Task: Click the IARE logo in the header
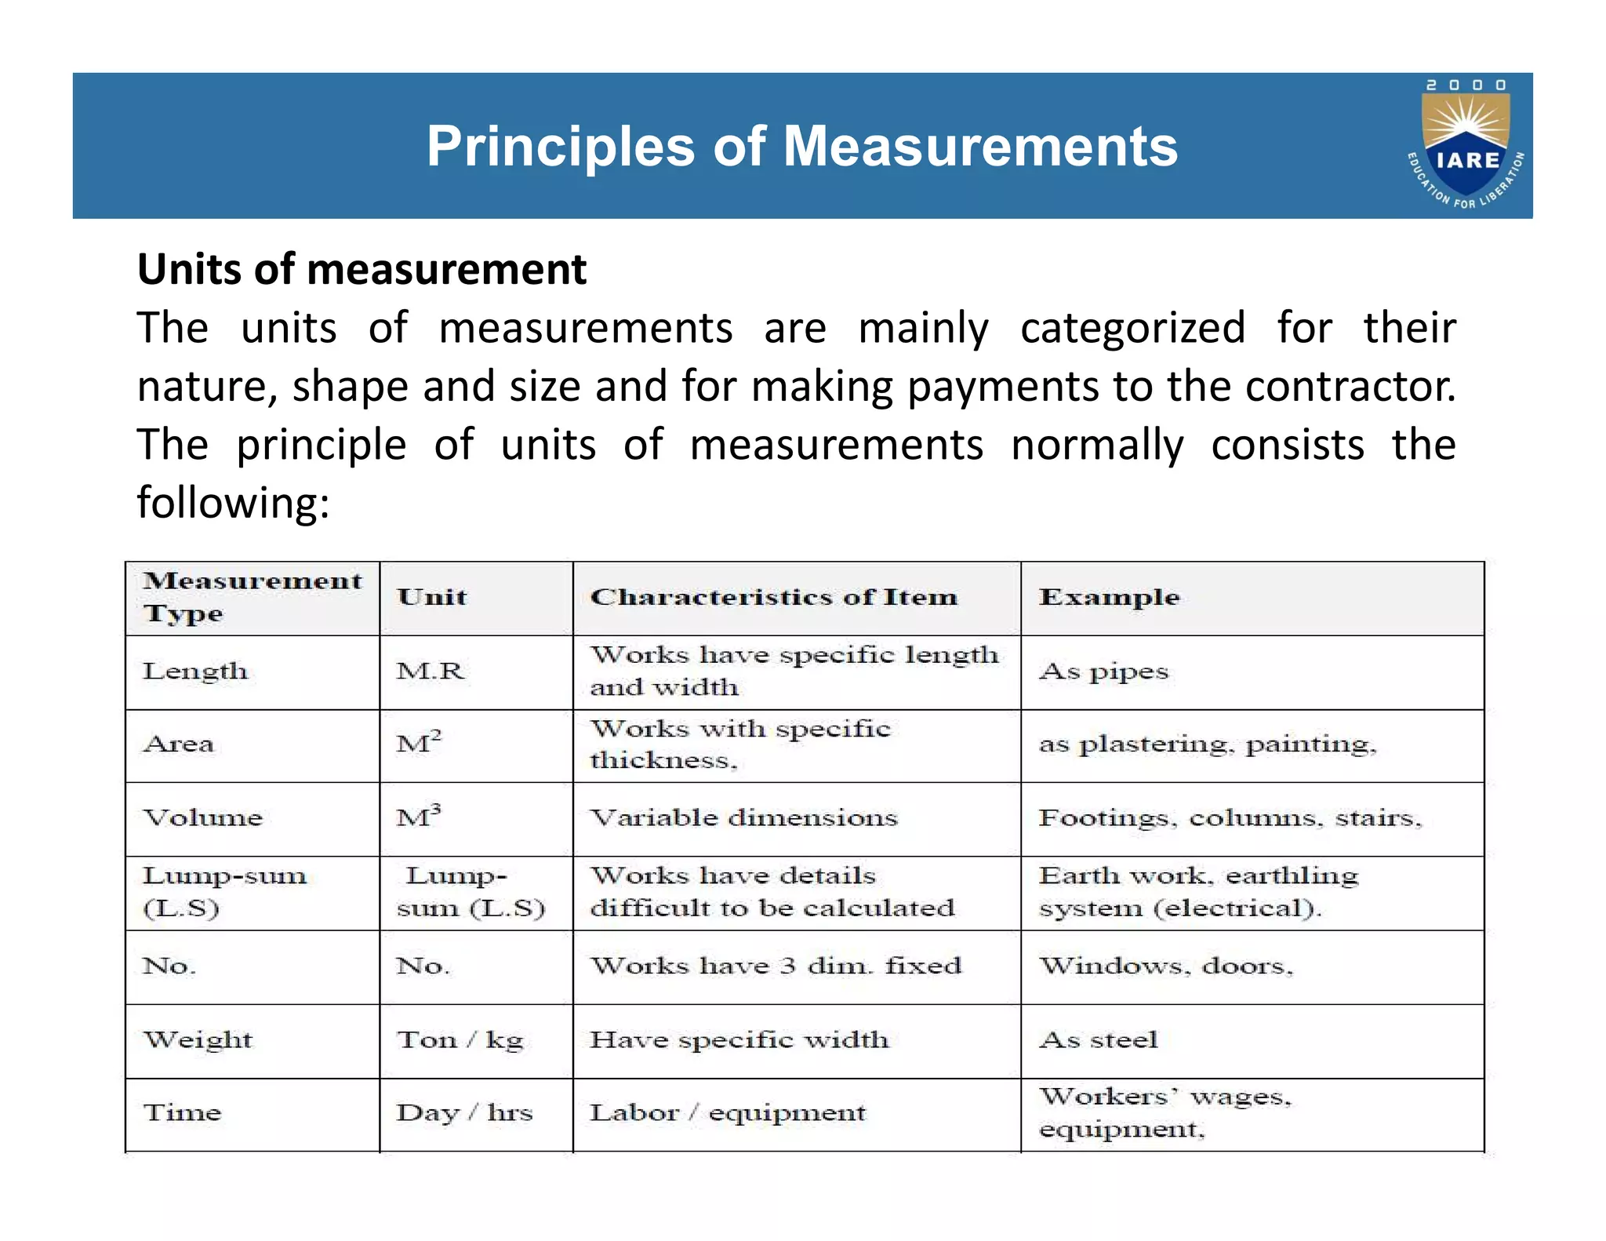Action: [1466, 145]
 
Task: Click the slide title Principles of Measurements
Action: [801, 147]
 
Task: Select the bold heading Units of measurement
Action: [362, 269]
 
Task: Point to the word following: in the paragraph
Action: [233, 502]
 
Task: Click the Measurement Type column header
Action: [252, 597]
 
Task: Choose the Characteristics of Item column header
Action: [773, 597]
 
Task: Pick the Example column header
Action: [1109, 597]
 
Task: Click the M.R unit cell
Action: [431, 671]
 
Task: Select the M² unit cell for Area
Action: [419, 742]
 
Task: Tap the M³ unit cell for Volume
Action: [419, 817]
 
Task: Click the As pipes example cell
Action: [1103, 671]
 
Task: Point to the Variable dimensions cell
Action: [743, 817]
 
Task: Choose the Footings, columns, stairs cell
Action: [1230, 817]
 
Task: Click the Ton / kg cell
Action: [460, 1040]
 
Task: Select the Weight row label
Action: [198, 1040]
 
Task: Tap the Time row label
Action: [182, 1112]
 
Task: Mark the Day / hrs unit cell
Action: [464, 1112]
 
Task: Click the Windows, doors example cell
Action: [1165, 966]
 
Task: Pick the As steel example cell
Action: [1098, 1040]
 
